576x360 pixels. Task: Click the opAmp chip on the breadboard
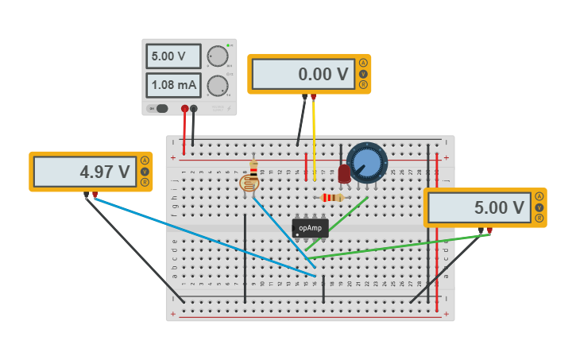click(310, 228)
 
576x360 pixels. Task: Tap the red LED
click(344, 174)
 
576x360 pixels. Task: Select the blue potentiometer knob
click(367, 163)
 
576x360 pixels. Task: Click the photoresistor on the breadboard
click(249, 184)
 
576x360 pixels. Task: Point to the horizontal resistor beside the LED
click(332, 197)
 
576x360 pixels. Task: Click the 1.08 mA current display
click(173, 85)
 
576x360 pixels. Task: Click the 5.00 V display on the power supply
click(173, 56)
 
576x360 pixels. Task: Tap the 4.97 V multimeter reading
click(85, 172)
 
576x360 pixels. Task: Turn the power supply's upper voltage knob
click(217, 56)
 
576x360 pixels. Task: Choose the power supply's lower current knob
click(217, 85)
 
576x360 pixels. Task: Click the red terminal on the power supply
click(184, 108)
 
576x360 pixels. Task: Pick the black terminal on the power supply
click(193, 108)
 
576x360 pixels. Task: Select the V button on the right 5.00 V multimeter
click(539, 207)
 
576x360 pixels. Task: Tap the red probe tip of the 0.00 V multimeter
click(313, 97)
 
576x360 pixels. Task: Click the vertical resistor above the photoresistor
click(253, 167)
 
